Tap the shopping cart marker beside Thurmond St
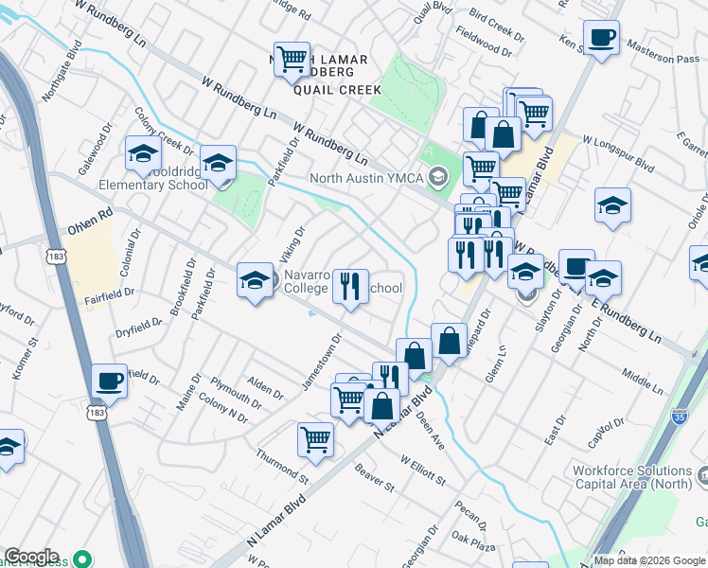click(x=315, y=438)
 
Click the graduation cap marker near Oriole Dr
click(x=612, y=206)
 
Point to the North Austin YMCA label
click(x=367, y=177)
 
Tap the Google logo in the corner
click(x=31, y=557)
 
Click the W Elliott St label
click(x=422, y=470)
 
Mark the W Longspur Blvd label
click(x=619, y=151)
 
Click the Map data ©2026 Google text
click(x=648, y=560)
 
